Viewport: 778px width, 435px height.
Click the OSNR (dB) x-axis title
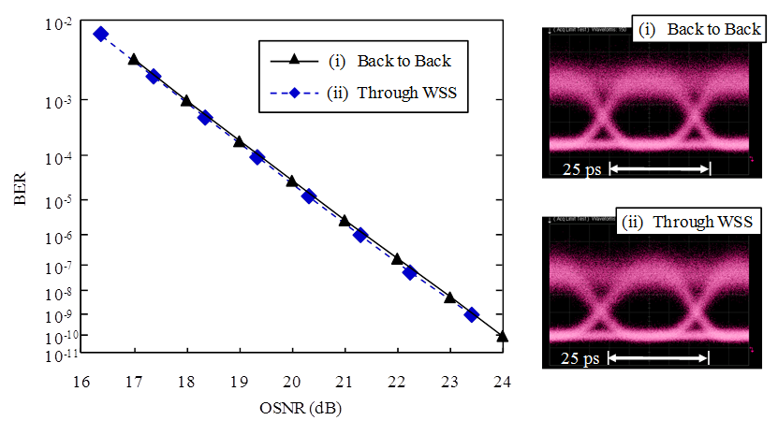tap(292, 410)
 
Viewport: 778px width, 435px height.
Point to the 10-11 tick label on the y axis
tap(57, 355)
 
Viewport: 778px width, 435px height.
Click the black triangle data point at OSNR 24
tap(503, 336)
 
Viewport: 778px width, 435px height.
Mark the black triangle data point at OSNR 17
tap(134, 59)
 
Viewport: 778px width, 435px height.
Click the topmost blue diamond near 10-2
tap(101, 34)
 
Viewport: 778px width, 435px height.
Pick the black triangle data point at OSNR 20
tap(292, 181)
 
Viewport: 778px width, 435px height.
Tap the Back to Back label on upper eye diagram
tap(700, 29)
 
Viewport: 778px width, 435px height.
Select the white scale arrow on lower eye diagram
tap(660, 358)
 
